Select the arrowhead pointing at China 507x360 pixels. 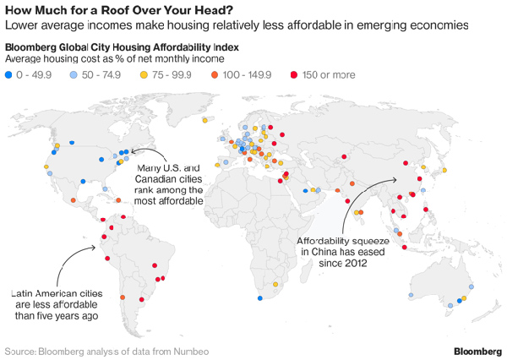pos(396,178)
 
